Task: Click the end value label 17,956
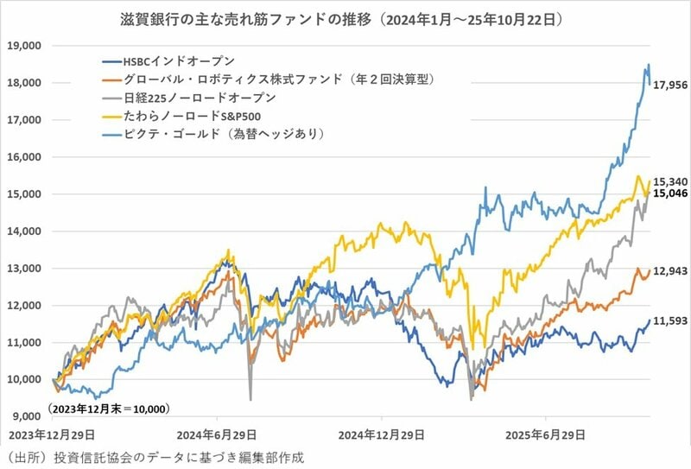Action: [669, 86]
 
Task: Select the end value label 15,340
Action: [669, 183]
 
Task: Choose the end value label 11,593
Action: [669, 321]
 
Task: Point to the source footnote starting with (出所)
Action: [155, 456]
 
